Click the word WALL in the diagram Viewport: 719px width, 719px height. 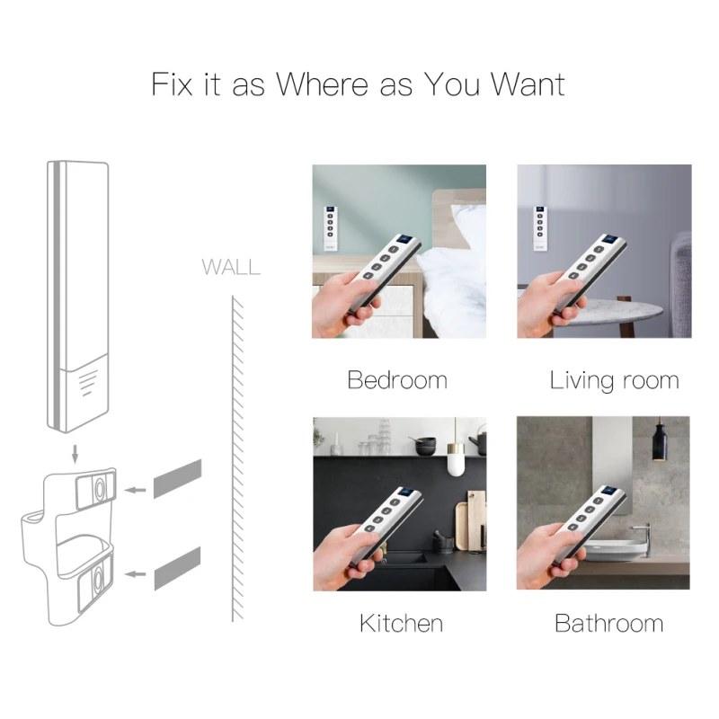(x=231, y=267)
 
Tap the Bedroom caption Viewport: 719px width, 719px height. (x=397, y=380)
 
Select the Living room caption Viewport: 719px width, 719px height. (x=614, y=380)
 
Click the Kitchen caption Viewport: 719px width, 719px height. (x=401, y=623)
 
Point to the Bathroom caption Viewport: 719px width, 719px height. (x=608, y=623)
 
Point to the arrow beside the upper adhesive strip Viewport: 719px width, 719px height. (x=136, y=490)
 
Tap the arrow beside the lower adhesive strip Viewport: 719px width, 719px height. (x=136, y=573)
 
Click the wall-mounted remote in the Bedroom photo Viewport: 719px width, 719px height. (x=330, y=226)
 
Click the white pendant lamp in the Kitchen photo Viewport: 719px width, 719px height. (x=456, y=462)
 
